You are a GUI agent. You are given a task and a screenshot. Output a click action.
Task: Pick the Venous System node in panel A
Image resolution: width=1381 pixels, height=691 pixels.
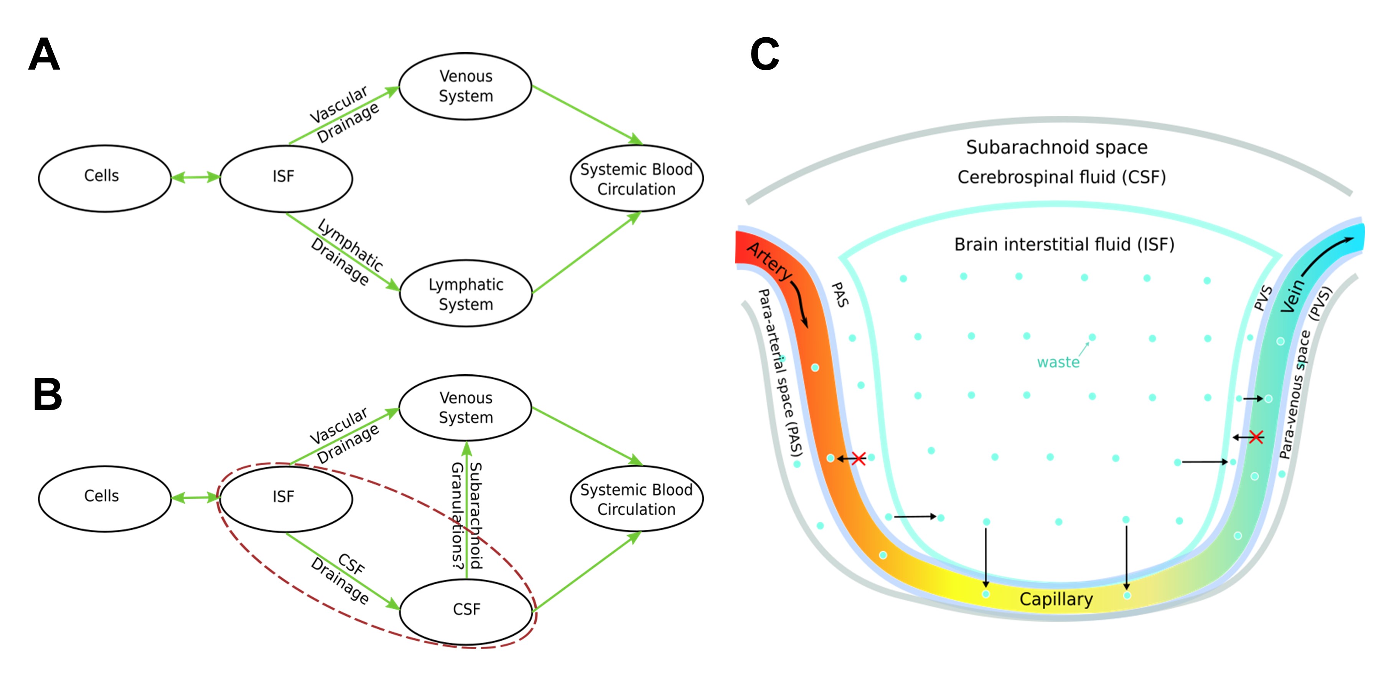click(x=465, y=86)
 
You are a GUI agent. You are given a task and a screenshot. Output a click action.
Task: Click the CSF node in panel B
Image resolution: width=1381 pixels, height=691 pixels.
click(x=466, y=610)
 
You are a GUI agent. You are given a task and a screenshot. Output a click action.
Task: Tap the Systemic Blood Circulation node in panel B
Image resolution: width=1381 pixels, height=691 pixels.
click(x=636, y=499)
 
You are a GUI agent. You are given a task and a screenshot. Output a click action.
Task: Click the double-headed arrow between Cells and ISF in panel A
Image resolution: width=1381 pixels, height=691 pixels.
click(x=195, y=177)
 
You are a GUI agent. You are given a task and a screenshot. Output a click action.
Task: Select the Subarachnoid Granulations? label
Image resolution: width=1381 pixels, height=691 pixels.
click(x=466, y=515)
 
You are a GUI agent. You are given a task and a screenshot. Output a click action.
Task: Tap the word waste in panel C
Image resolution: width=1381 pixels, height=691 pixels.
click(x=1058, y=363)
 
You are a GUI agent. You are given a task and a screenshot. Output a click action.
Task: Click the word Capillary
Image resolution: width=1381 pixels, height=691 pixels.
click(x=1056, y=599)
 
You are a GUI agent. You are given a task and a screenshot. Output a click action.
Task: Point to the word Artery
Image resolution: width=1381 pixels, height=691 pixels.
click(x=769, y=261)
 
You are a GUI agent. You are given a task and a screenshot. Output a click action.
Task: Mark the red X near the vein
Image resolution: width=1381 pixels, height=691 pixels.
click(x=1256, y=437)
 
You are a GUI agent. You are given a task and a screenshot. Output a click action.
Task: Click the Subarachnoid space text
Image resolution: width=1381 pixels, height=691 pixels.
click(x=1056, y=147)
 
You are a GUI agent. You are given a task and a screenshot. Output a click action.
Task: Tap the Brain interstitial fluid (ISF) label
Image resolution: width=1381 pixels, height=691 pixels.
click(x=1064, y=245)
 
